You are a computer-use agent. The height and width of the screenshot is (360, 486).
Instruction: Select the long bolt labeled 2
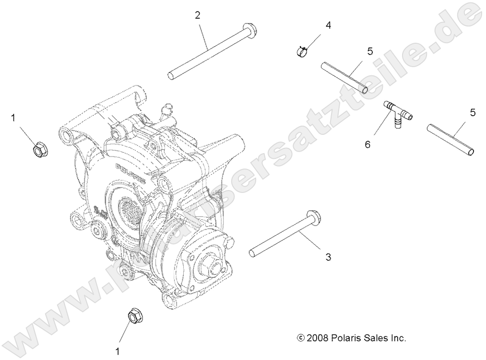point(211,50)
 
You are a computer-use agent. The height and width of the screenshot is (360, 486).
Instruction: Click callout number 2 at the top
point(197,15)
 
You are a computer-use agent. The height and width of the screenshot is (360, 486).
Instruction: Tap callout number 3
point(328,257)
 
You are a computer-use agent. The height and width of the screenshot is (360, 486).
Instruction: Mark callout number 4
point(329,24)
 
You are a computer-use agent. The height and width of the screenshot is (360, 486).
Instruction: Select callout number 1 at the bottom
point(117,352)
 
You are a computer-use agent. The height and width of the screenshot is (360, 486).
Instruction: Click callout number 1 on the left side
point(13,117)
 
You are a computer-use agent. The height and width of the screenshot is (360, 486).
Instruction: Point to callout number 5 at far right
point(473,113)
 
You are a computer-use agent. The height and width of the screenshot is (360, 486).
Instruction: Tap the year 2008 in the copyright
point(318,338)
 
